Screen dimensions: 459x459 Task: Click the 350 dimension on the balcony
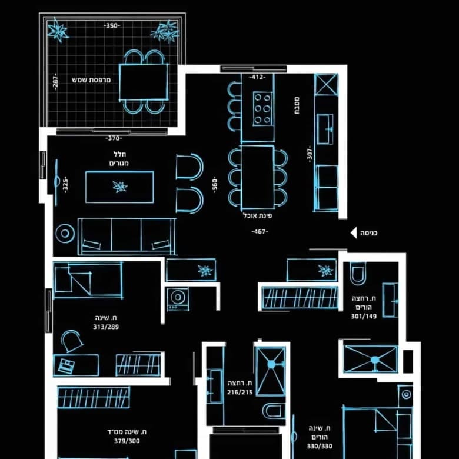click(x=112, y=26)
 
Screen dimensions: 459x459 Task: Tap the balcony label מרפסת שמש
click(x=91, y=80)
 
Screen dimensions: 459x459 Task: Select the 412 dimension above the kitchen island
click(x=257, y=77)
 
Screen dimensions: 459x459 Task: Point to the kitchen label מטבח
click(x=296, y=105)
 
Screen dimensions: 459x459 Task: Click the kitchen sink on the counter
click(x=325, y=129)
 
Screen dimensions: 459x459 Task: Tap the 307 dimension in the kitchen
click(x=310, y=154)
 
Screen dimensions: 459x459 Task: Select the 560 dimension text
click(x=215, y=185)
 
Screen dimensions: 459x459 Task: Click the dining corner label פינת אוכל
click(x=257, y=216)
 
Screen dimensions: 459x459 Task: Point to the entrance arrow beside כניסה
click(x=354, y=233)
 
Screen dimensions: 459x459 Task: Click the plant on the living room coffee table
click(x=120, y=187)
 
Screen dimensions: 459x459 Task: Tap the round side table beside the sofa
click(x=65, y=234)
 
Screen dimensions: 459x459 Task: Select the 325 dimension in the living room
click(x=65, y=185)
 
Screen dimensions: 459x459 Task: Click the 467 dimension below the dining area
click(x=260, y=232)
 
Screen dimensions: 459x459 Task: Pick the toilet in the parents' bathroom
click(x=358, y=274)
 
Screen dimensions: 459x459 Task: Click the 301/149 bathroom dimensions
click(x=364, y=316)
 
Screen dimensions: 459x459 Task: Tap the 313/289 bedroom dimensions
click(x=106, y=327)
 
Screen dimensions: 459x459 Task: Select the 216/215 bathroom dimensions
click(x=240, y=393)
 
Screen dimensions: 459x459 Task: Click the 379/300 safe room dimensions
click(x=127, y=441)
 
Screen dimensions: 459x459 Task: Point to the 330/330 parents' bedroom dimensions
click(x=320, y=446)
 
